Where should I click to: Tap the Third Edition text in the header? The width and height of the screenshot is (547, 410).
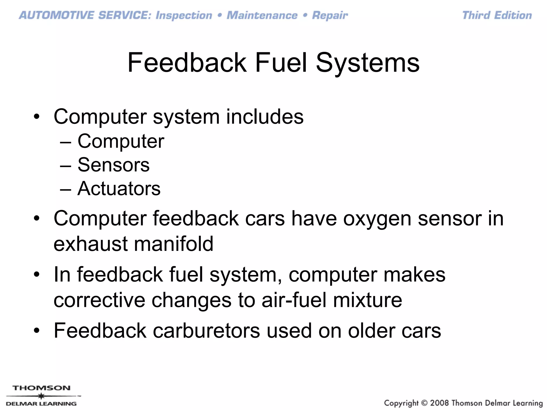[x=497, y=15]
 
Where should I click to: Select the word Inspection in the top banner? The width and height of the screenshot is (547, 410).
[x=184, y=15]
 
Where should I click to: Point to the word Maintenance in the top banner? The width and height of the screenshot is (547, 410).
[x=262, y=15]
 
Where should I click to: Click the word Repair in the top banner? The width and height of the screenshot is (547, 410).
[x=330, y=15]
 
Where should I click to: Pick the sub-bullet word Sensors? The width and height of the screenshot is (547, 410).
[x=114, y=165]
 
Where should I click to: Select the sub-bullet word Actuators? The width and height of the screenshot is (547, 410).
[x=119, y=188]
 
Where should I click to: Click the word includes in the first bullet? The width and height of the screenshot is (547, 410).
[x=265, y=117]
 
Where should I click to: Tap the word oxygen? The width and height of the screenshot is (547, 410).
[x=377, y=219]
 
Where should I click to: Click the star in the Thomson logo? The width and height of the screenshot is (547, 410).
[x=41, y=396]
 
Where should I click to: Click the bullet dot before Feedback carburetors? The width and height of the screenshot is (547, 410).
[x=37, y=331]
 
